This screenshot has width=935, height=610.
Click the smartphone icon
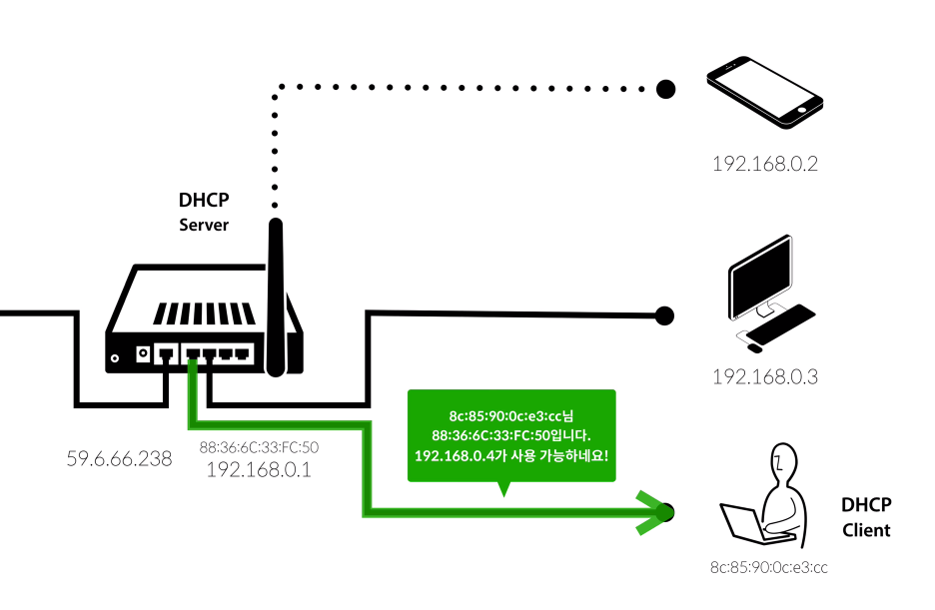tap(765, 92)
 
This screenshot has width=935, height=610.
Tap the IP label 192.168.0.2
tap(765, 163)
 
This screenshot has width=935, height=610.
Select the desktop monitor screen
tap(759, 276)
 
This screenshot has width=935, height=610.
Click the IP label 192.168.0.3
tap(765, 376)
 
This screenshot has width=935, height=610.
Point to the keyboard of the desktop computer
tap(781, 323)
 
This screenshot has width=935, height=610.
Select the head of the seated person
tap(783, 460)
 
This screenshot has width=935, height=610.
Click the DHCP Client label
tap(866, 517)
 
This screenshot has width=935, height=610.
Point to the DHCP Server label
tap(204, 212)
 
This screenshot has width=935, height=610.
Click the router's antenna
tap(276, 298)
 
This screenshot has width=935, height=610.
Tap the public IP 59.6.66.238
tap(119, 458)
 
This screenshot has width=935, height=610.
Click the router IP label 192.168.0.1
tap(259, 470)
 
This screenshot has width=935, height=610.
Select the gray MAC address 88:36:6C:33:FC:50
tap(259, 447)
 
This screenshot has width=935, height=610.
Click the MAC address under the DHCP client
tap(768, 567)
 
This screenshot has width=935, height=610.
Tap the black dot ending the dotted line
tap(665, 89)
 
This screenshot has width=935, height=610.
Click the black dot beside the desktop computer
tap(664, 315)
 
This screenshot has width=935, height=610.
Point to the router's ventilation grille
tap(205, 313)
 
